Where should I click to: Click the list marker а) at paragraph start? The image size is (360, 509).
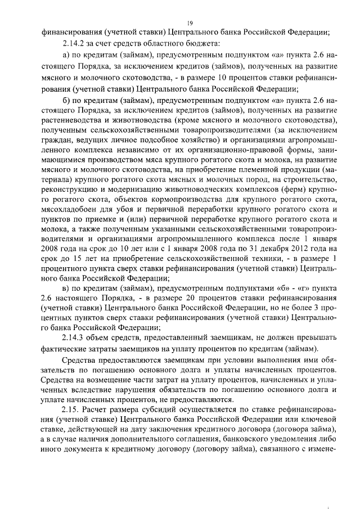(68, 55)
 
